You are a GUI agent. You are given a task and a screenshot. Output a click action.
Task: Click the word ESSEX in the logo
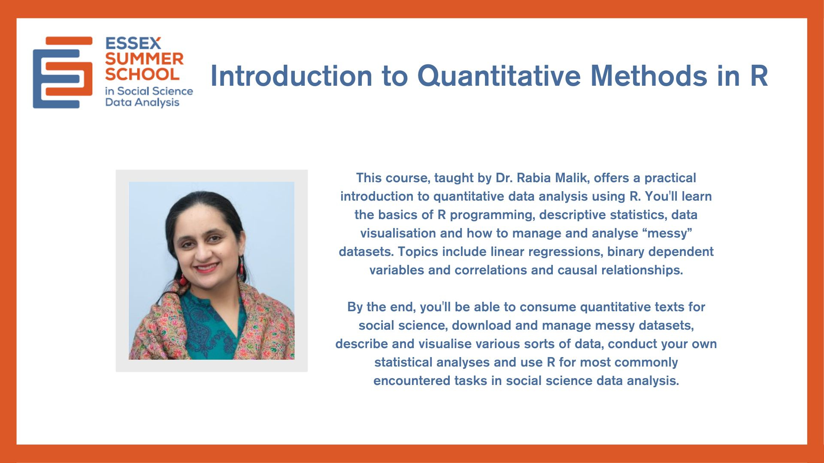point(133,43)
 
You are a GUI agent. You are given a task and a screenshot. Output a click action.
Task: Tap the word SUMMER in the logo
point(144,59)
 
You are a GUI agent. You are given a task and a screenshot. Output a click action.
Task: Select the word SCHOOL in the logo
point(142,74)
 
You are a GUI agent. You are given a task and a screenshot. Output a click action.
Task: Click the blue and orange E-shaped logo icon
point(63,72)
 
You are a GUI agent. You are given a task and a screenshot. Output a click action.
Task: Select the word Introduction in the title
point(291,76)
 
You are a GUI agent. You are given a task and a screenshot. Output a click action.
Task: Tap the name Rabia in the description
point(533,177)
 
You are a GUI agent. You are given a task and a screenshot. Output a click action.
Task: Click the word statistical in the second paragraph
point(403,362)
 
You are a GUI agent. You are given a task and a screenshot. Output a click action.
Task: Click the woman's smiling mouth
point(206,268)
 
